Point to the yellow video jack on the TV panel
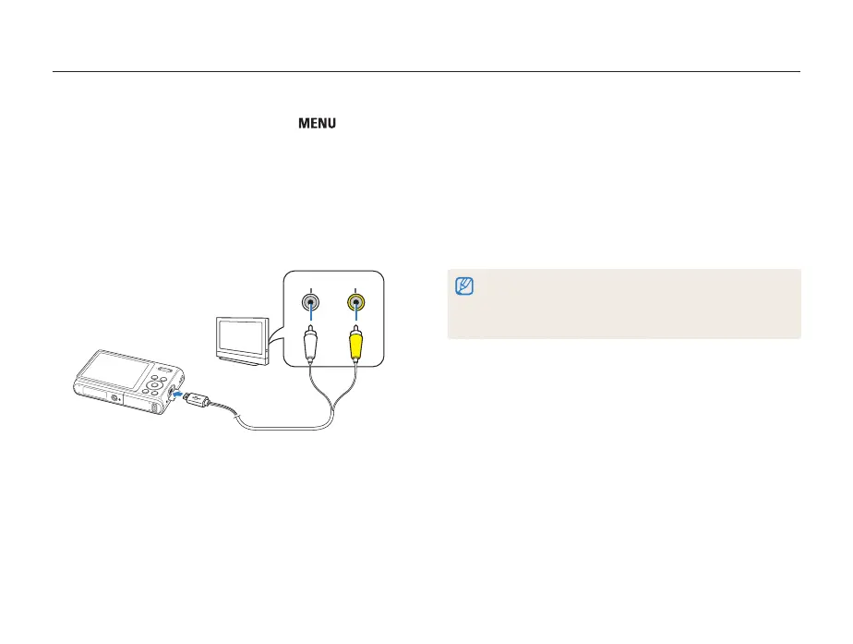pos(355,302)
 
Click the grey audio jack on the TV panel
pos(311,302)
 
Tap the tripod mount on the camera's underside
pos(114,398)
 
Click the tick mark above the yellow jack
pos(355,289)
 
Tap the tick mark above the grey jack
pos(311,289)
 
